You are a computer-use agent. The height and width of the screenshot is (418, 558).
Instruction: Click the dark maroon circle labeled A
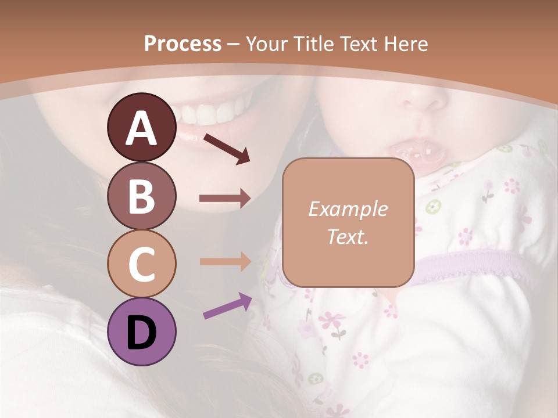point(141,127)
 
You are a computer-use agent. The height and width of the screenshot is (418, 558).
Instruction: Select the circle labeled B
point(141,196)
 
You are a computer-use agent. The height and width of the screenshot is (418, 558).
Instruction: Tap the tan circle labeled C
point(141,264)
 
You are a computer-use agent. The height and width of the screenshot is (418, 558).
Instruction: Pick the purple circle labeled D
point(141,331)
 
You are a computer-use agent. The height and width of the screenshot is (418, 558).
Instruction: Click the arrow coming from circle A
point(226,149)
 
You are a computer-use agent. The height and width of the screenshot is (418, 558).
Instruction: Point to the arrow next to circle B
point(225,199)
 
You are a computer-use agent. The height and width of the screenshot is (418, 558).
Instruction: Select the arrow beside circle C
point(225,261)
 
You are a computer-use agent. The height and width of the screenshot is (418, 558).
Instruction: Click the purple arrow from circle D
point(227,306)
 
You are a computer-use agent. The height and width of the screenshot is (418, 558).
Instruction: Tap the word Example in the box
point(348,209)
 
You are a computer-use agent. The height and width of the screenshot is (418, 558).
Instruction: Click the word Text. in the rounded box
point(348,236)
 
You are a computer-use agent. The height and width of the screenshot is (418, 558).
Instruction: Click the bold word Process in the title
point(183,44)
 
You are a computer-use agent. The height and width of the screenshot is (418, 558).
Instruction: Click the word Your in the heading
point(266,44)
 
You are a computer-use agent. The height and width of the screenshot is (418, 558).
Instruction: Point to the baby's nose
point(424,99)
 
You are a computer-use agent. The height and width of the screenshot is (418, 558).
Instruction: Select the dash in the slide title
point(233,45)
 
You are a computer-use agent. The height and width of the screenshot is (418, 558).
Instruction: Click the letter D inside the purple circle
point(141,333)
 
